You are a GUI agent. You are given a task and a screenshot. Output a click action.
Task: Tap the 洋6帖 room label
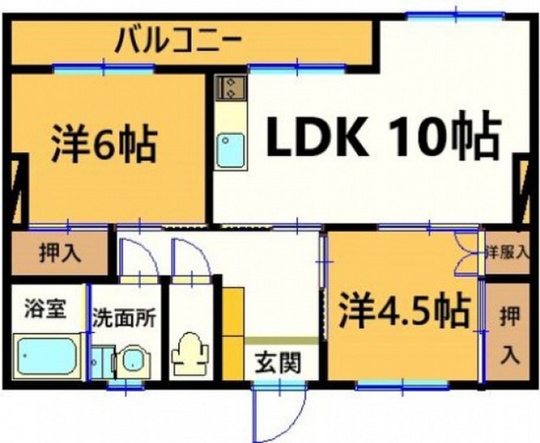tap(104, 143)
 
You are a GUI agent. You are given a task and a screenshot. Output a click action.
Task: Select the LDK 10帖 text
tap(383, 137)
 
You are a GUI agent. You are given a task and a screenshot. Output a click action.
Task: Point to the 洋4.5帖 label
tap(404, 311)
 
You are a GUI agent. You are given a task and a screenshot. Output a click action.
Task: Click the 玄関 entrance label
tap(278, 362)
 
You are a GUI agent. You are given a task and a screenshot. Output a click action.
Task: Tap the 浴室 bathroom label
tap(45, 308)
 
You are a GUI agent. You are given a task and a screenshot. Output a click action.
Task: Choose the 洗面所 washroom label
tap(124, 318)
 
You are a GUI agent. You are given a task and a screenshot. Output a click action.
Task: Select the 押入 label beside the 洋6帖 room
tap(60, 253)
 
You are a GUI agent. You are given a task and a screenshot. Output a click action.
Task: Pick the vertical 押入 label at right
tap(510, 336)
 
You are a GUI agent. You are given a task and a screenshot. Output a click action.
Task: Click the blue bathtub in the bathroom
tap(47, 355)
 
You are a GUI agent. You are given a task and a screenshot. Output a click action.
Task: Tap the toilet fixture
tap(190, 353)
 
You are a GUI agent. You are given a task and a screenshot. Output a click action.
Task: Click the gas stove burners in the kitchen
tap(229, 87)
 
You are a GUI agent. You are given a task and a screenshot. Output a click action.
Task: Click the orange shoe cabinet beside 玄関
tap(233, 333)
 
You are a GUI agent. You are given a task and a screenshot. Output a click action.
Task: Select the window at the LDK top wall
tap(456, 15)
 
